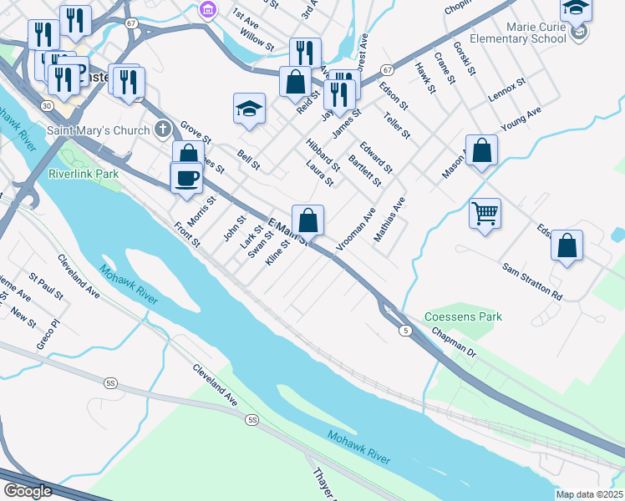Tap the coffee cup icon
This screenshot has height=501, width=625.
pyautogui.click(x=186, y=176)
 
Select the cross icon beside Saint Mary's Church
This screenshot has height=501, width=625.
pyautogui.click(x=163, y=129)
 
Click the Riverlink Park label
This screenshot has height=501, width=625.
pyautogui.click(x=84, y=174)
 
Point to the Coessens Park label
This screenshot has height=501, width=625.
pyautogui.click(x=463, y=317)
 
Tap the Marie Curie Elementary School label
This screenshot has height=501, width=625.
pyautogui.click(x=530, y=32)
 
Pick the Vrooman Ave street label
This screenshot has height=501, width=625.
pyautogui.click(x=356, y=230)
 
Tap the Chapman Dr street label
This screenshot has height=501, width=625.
pyautogui.click(x=454, y=343)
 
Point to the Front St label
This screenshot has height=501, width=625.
pyautogui.click(x=186, y=235)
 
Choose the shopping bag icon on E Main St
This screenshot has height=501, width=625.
pyautogui.click(x=307, y=220)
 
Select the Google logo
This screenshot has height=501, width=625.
pyautogui.click(x=28, y=491)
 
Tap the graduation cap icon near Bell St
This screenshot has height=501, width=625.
pyautogui.click(x=249, y=108)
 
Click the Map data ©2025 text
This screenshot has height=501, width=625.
pyautogui.click(x=589, y=494)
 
